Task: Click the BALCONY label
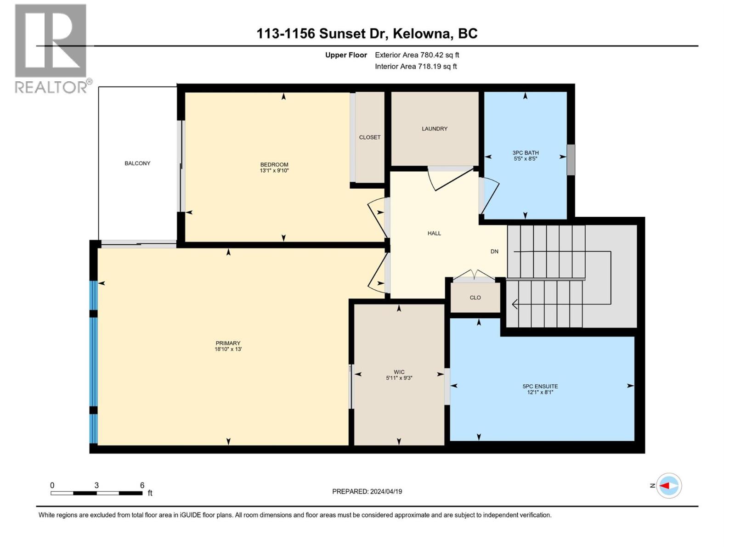[137, 163]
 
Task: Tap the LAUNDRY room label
[435, 129]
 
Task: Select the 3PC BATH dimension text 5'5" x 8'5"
[526, 159]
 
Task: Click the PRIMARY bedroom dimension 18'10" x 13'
[228, 349]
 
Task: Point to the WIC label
[399, 372]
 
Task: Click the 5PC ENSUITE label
[540, 386]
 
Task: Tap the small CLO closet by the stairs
[475, 298]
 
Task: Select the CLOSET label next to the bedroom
[370, 137]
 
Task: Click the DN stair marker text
[494, 252]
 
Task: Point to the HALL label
[434, 233]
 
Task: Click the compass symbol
[669, 485]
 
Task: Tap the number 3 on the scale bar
[96, 485]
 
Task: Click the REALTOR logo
[51, 48]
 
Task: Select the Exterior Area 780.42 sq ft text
[417, 55]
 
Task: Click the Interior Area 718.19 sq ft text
[416, 67]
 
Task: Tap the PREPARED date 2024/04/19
[385, 491]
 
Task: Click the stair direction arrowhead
[515, 304]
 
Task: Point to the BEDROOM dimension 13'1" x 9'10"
[274, 171]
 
